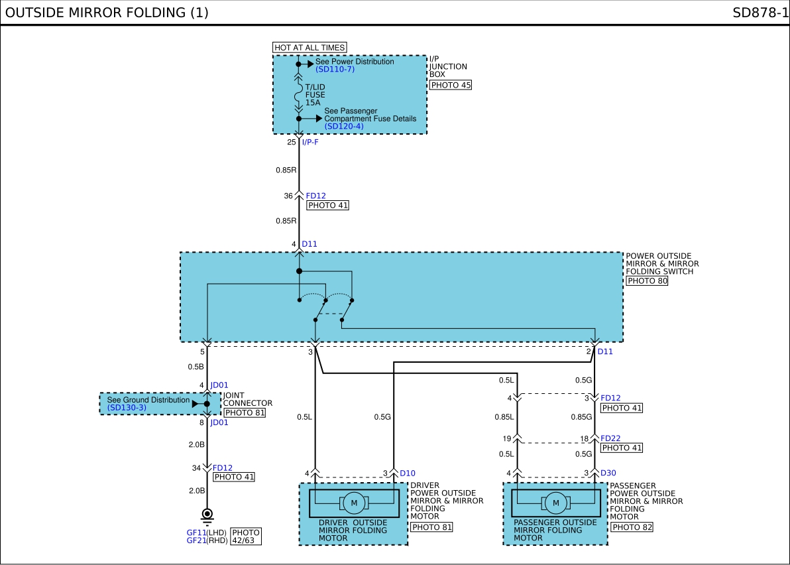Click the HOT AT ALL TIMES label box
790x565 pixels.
click(310, 47)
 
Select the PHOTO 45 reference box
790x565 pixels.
click(451, 85)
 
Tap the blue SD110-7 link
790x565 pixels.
click(335, 70)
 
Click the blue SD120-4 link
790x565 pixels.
click(343, 127)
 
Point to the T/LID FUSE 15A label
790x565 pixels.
click(315, 95)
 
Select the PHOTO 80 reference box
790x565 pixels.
click(647, 281)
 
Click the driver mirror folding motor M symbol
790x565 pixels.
click(354, 503)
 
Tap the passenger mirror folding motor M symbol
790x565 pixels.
click(556, 503)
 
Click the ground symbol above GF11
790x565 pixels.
click(207, 516)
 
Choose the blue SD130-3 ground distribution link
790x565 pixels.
click(127, 408)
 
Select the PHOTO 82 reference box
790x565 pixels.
click(632, 527)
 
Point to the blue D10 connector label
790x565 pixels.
click(408, 473)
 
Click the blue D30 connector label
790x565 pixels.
click(608, 473)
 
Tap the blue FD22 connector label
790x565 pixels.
click(610, 438)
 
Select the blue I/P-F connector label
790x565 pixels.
click(310, 142)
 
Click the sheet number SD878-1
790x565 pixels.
click(760, 13)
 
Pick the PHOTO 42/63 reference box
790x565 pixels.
click(246, 536)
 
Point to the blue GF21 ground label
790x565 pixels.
click(196, 540)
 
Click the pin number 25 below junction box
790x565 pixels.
click(292, 142)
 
